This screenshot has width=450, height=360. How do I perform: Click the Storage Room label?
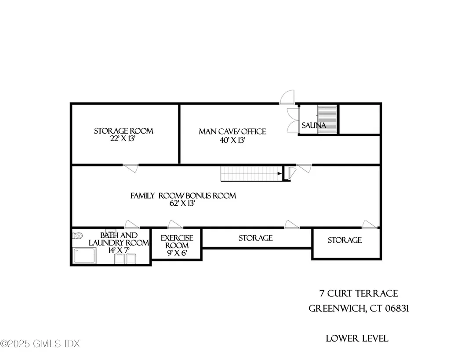click(x=123, y=131)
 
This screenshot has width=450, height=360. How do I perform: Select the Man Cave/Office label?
click(x=232, y=131)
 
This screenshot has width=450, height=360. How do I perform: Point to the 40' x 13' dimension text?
click(x=232, y=141)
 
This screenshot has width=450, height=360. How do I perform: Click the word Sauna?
click(x=314, y=126)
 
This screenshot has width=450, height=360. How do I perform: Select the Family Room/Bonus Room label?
click(x=183, y=196)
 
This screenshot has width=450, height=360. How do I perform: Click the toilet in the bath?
click(x=77, y=236)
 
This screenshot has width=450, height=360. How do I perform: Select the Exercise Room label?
click(x=177, y=242)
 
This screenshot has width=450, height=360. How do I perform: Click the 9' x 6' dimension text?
click(x=177, y=254)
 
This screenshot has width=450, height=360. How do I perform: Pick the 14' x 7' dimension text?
click(x=119, y=250)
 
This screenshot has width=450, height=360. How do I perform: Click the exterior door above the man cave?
click(x=287, y=96)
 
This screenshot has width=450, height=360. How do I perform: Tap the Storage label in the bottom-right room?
click(x=345, y=240)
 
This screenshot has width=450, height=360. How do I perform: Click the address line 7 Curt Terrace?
click(x=359, y=294)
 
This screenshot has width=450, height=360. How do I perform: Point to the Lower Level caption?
click(x=357, y=338)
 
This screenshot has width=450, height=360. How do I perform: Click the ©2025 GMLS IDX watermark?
click(x=40, y=342)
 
